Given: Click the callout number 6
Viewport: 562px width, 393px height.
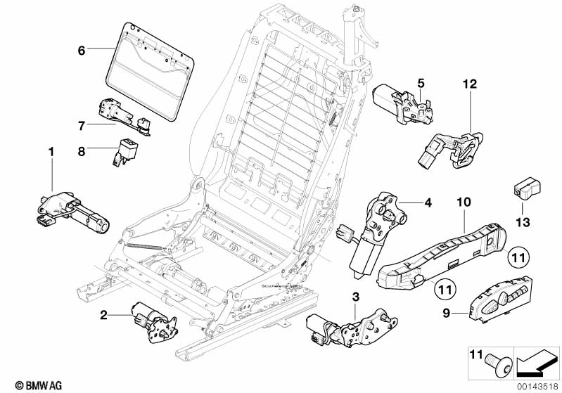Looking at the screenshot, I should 82,50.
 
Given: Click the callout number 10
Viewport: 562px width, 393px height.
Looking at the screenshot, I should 462,202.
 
